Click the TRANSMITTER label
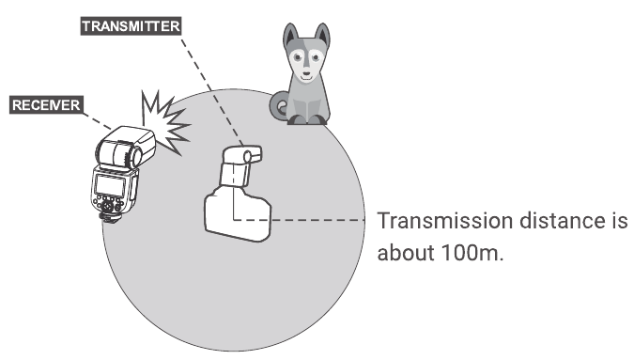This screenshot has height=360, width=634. (131, 26)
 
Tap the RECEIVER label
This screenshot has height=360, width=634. (47, 105)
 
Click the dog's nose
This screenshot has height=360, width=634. (306, 73)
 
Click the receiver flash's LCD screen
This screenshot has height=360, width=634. (110, 186)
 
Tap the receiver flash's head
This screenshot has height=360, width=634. (126, 148)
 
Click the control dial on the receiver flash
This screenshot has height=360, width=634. (107, 206)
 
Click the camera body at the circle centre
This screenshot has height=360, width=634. (238, 213)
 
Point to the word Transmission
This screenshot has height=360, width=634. (445, 221)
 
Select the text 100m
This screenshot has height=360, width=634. (472, 253)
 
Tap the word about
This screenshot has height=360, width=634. (406, 253)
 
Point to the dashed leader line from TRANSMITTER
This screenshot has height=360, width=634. (211, 90)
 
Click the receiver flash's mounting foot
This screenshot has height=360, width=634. (108, 218)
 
